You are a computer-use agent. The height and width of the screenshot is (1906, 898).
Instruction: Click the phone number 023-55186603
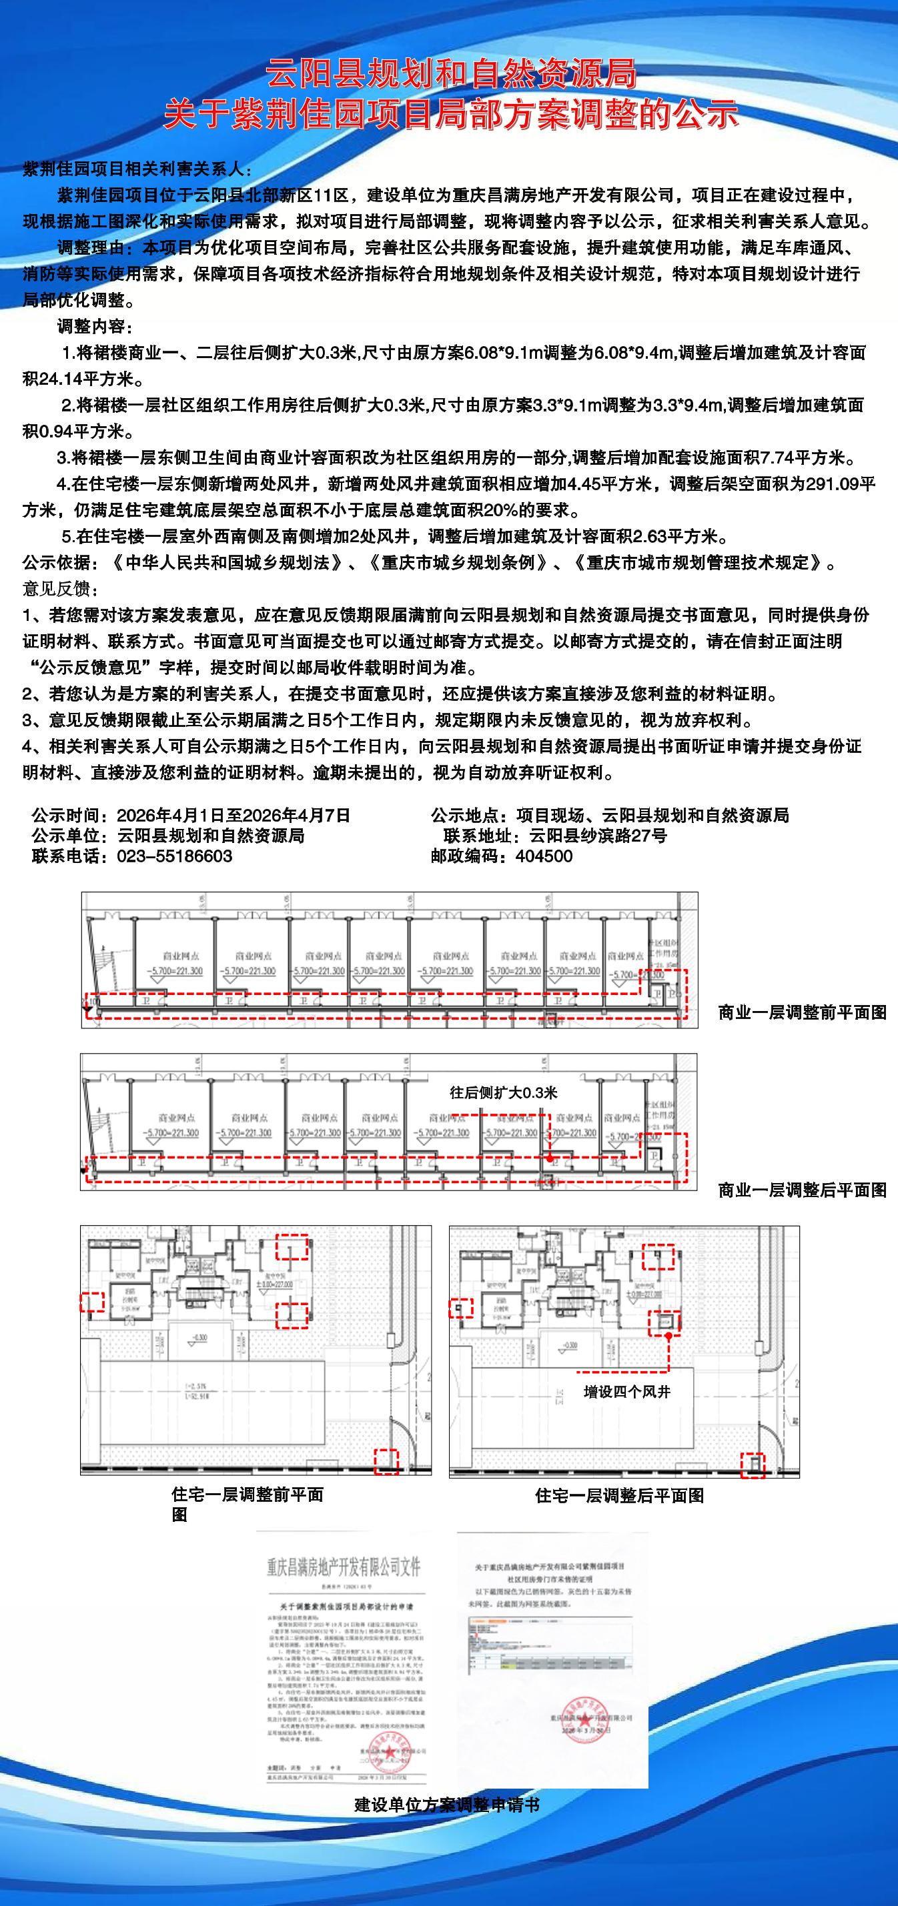point(175,856)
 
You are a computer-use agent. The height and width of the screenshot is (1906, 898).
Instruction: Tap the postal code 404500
point(543,856)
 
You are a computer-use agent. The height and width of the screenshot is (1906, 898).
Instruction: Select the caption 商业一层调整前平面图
point(802,1012)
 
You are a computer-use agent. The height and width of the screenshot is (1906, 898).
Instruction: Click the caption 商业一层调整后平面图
point(802,1190)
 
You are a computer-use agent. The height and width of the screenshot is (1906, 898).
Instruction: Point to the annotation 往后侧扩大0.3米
point(504,1093)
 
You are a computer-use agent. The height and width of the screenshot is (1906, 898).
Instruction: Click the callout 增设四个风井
point(626,1392)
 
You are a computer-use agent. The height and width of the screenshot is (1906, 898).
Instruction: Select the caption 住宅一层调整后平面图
point(619,1495)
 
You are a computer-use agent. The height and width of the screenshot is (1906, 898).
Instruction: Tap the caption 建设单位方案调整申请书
point(447,1805)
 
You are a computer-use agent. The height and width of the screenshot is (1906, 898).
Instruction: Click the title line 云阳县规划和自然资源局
point(451,74)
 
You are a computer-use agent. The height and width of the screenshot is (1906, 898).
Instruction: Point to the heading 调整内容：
point(95,326)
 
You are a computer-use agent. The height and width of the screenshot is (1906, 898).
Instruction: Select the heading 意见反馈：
point(60,589)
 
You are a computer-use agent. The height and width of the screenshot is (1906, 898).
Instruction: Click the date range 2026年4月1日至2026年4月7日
point(234,816)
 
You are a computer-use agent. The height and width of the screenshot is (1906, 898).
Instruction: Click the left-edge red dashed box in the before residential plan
point(93,1302)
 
